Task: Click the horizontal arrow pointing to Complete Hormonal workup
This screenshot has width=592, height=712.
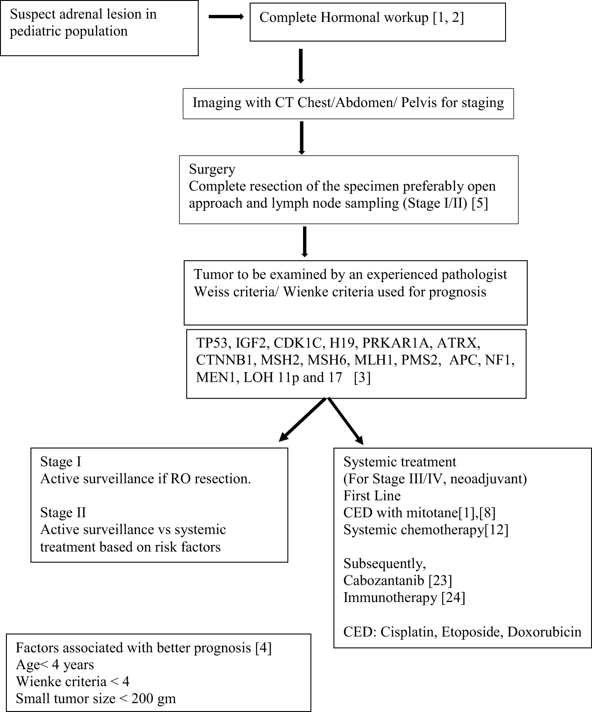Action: tap(226, 17)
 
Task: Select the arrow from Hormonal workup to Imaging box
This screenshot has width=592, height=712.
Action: tap(300, 66)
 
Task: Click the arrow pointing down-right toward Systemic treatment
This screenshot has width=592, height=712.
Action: tap(346, 421)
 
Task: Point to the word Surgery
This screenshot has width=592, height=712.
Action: tap(212, 169)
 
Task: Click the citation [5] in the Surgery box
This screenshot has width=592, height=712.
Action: tap(480, 203)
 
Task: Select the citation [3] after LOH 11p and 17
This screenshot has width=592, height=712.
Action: tap(362, 378)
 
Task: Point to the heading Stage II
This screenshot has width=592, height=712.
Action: tap(63, 512)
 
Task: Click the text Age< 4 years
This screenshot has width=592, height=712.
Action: tap(55, 665)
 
